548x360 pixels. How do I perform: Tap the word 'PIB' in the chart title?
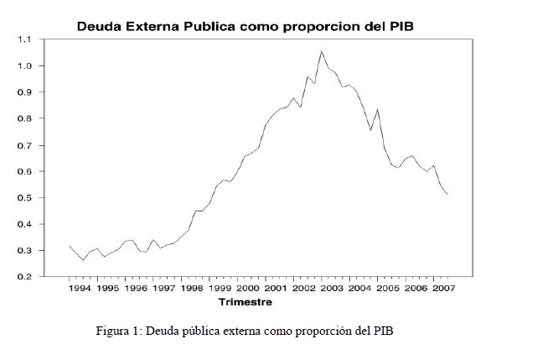pos(399,26)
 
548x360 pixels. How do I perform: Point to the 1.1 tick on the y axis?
pos(24,39)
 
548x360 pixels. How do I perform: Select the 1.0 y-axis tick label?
pos(24,65)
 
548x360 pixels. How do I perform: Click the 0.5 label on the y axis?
pos(24,198)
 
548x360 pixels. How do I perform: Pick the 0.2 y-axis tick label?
pos(24,277)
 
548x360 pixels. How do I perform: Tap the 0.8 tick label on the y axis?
pos(24,118)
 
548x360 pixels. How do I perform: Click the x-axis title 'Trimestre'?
pos(245,301)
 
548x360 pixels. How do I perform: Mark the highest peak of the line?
pos(321,51)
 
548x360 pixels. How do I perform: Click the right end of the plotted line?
pos(447,195)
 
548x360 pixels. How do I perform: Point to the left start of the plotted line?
pos(69,246)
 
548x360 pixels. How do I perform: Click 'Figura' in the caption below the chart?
pos(113,331)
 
